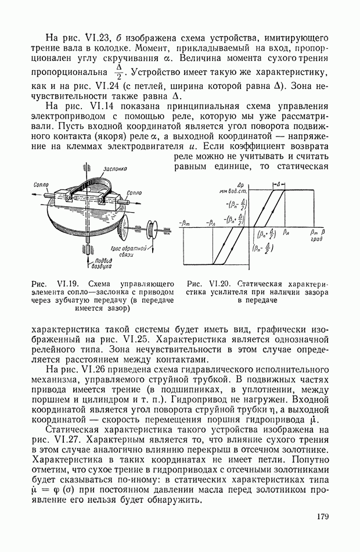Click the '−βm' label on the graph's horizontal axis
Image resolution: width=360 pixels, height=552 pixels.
pos(186,223)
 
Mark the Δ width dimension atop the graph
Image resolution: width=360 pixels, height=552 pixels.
pos(279,184)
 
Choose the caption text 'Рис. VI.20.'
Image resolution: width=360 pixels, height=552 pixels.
pos(207,284)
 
